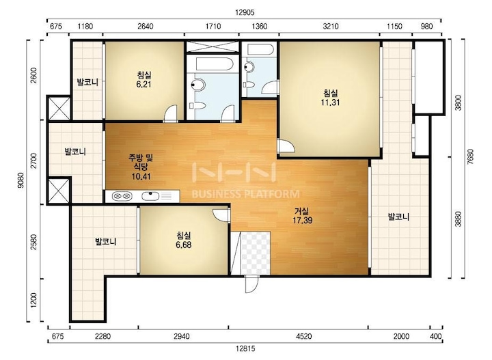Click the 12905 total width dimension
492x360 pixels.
click(245, 13)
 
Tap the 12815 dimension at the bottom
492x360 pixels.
click(245, 348)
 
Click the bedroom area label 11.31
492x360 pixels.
click(330, 102)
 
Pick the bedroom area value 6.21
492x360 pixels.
click(143, 84)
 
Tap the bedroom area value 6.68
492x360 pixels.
click(184, 245)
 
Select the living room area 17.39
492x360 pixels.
click(302, 220)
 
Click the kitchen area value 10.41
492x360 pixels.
click(141, 176)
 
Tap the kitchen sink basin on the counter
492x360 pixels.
click(150, 196)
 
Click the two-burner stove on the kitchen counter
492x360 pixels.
click(122, 196)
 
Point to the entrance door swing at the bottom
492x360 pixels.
click(251, 284)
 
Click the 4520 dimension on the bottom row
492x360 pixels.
click(303, 336)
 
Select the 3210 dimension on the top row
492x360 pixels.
click(331, 26)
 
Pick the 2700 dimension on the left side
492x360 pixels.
click(34, 161)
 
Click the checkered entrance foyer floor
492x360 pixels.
click(255, 253)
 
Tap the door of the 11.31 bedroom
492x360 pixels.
click(285, 146)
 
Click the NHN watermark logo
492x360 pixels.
click(234, 172)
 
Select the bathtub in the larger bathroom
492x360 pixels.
click(214, 64)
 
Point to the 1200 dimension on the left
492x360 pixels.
click(34, 301)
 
